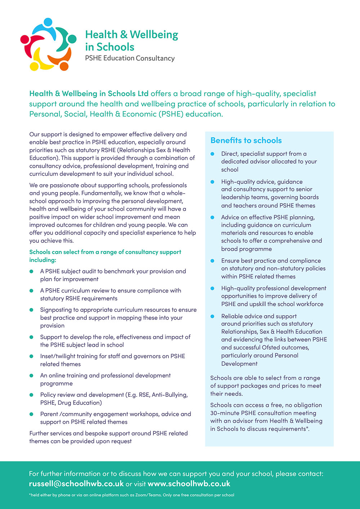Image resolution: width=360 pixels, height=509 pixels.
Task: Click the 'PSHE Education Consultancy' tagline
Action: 130,58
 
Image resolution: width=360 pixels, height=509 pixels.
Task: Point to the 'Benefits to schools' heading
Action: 246,141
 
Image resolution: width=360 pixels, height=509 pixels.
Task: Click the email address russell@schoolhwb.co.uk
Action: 76,483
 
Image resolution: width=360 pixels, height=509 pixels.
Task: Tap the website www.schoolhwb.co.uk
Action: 189,483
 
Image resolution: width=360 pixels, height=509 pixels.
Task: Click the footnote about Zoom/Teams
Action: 131,495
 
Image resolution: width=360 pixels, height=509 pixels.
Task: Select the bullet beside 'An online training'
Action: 32,376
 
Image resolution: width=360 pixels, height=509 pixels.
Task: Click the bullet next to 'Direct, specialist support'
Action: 212,154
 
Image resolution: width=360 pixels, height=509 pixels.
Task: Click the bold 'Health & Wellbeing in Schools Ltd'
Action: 89,94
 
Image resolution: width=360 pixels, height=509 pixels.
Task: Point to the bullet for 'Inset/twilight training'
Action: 32,356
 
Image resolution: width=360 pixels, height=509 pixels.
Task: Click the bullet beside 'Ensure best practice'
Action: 212,261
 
